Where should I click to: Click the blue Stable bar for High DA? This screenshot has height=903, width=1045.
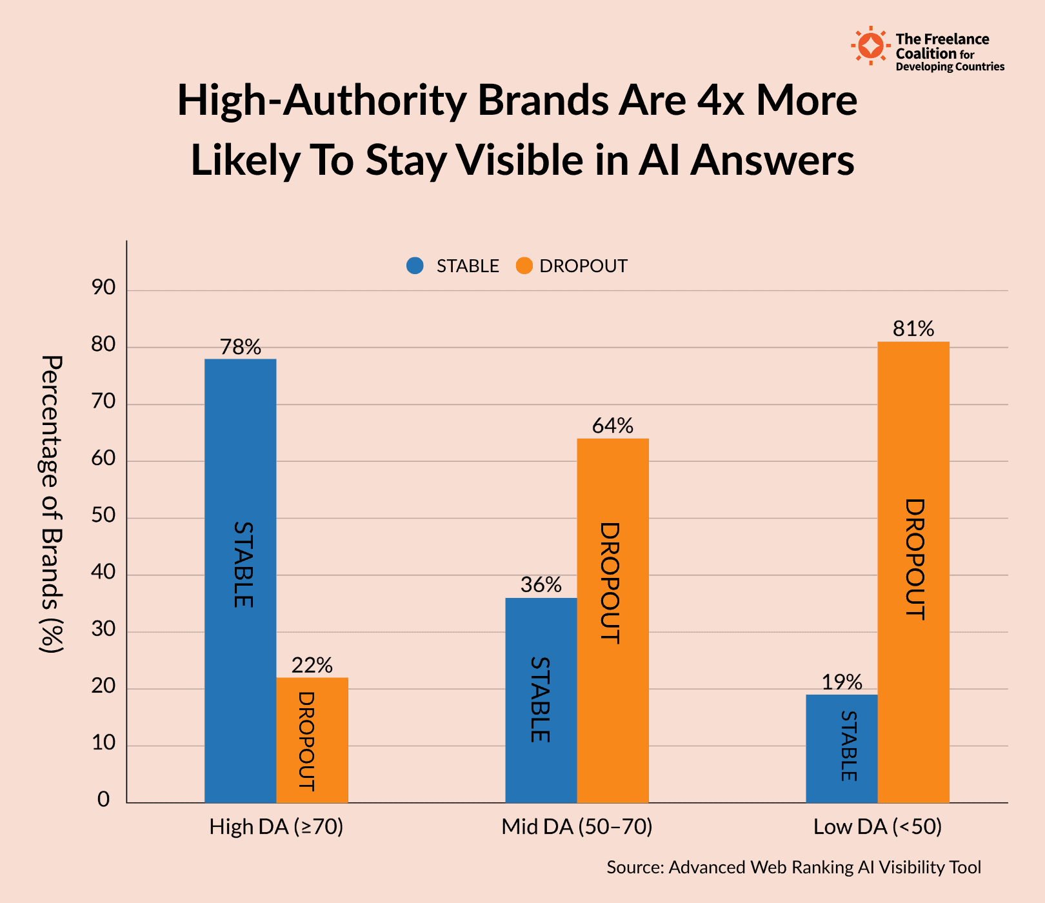[x=240, y=580]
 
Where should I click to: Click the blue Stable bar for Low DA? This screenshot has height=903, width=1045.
[x=841, y=748]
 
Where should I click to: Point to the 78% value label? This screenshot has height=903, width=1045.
[x=241, y=348]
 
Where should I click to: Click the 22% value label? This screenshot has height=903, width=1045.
[x=312, y=666]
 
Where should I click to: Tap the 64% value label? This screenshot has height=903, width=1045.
[x=613, y=426]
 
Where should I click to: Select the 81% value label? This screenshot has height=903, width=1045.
[x=913, y=330]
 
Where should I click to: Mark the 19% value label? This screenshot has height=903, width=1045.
[x=842, y=682]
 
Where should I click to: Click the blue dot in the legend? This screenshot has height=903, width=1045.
[x=415, y=266]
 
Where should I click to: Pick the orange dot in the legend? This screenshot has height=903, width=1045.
[x=524, y=266]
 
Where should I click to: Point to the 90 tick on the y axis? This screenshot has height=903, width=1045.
[x=104, y=288]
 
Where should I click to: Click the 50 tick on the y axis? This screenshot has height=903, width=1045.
[x=104, y=515]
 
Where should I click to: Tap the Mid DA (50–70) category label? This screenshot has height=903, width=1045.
[x=577, y=827]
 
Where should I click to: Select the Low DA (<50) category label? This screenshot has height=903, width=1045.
[x=877, y=827]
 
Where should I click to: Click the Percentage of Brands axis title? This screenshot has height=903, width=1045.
[x=52, y=504]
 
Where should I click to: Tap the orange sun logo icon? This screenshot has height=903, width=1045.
[x=871, y=46]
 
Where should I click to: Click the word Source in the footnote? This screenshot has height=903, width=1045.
[x=635, y=868]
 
